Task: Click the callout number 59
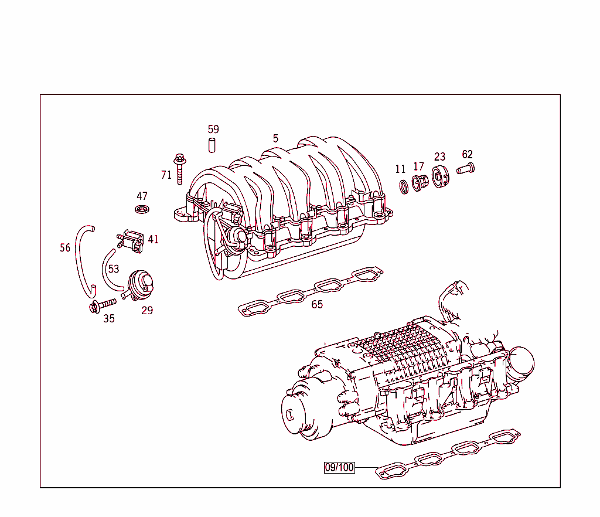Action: point(213,130)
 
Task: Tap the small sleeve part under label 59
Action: point(213,145)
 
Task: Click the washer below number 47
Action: point(142,209)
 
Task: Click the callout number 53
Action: point(114,269)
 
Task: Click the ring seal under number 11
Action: point(403,186)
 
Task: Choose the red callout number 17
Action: point(418,167)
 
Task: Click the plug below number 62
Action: point(465,169)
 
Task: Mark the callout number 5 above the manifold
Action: point(275,139)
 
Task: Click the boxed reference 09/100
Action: point(340,467)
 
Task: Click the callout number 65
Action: point(317,304)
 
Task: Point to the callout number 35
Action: point(109,319)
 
